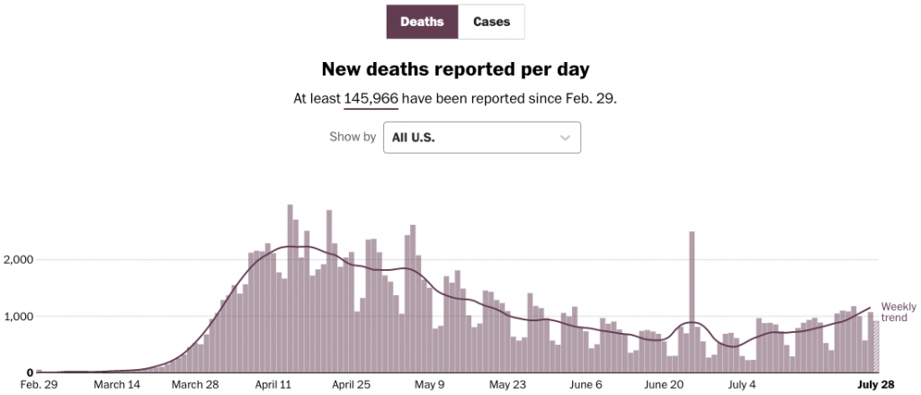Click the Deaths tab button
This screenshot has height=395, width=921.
422,22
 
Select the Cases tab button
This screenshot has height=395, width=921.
491,22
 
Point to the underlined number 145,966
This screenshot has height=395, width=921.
371,97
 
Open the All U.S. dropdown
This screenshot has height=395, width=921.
481,138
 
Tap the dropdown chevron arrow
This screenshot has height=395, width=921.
565,138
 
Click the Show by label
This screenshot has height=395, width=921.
353,138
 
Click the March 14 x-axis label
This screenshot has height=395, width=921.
118,385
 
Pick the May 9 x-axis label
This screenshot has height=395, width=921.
429,385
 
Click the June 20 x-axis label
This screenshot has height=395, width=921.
665,385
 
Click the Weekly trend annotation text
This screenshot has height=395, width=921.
899,311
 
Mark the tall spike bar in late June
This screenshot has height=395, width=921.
692,301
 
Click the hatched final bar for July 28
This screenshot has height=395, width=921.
876,346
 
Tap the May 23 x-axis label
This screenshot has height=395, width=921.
508,385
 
